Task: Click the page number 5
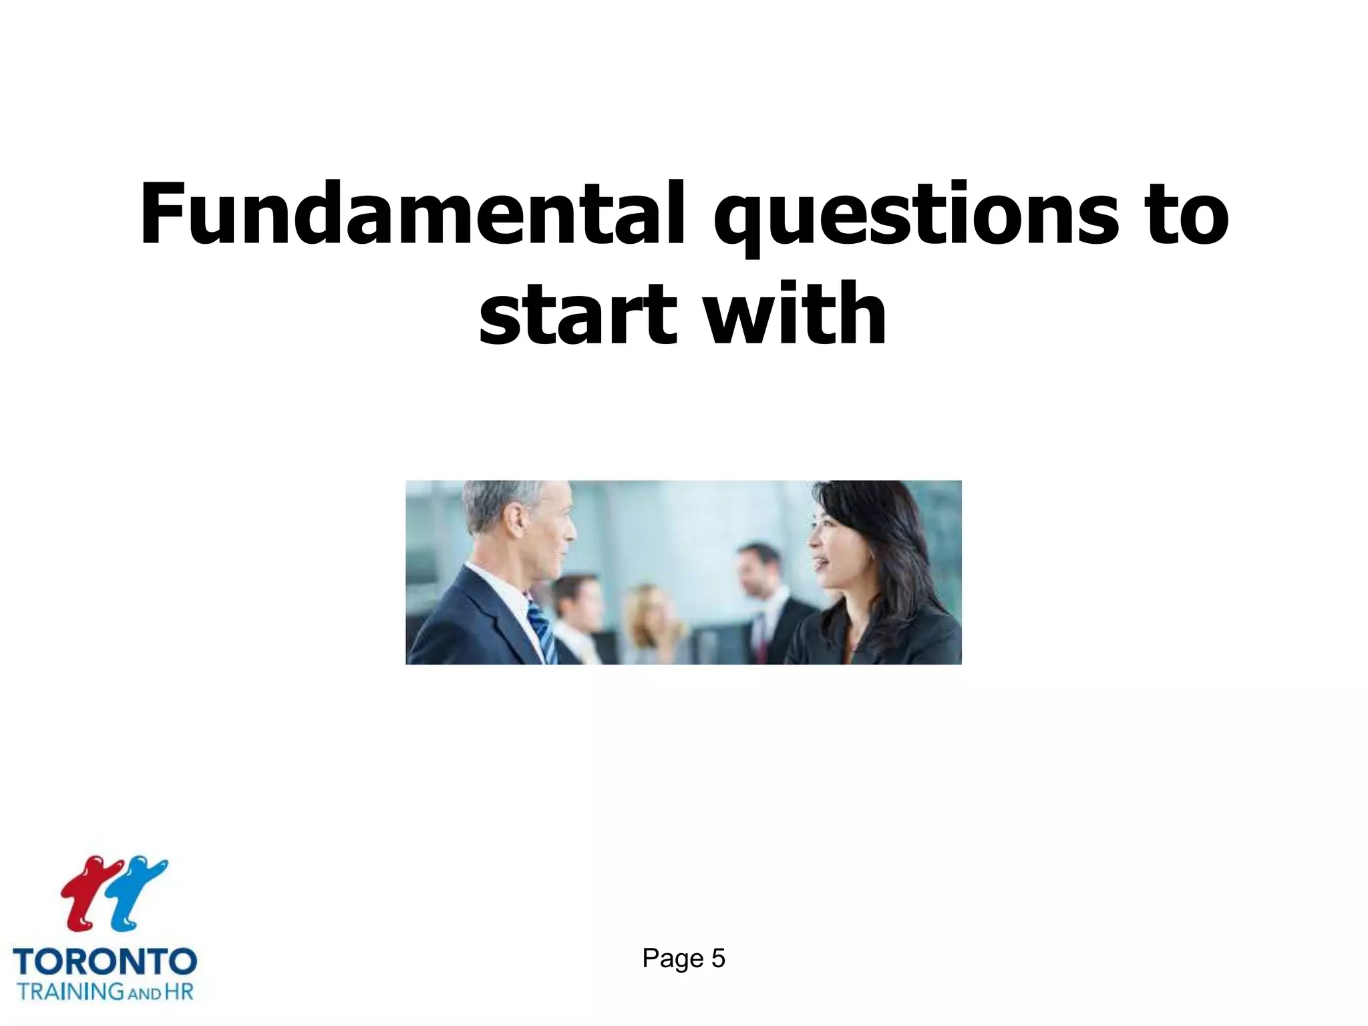click(718, 959)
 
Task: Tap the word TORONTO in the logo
click(105, 962)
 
